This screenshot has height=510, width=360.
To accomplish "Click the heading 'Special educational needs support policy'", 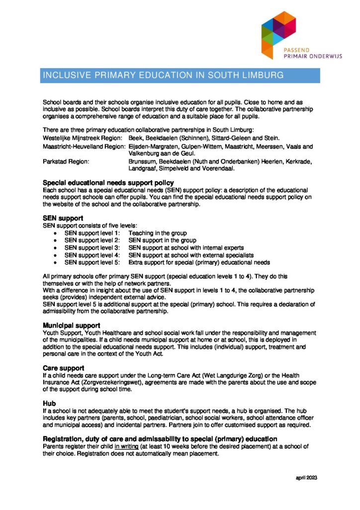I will (x=108, y=183).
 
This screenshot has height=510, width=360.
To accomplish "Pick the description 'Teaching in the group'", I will (x=157, y=233).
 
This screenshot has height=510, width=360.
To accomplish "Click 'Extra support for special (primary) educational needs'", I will (x=199, y=262).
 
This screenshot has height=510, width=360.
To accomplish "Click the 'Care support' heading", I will (x=63, y=368).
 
